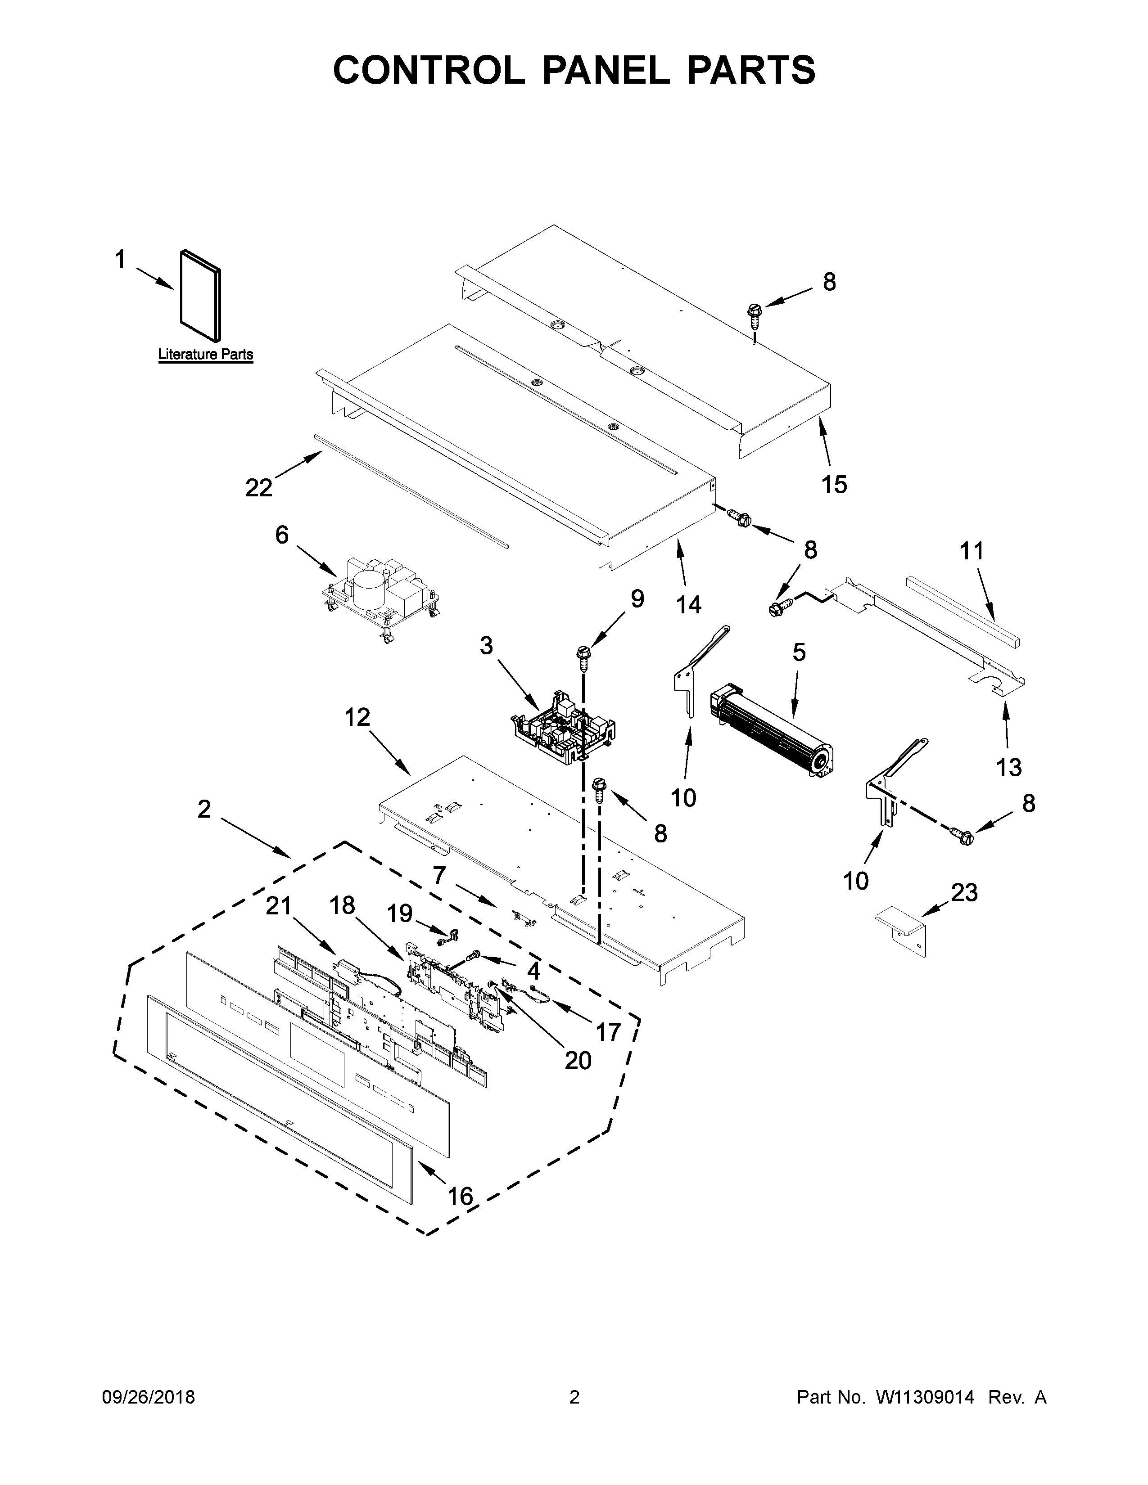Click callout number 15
(834, 484)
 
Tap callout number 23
(964, 892)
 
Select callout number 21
(279, 906)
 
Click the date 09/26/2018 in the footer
(148, 1397)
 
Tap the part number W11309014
(925, 1397)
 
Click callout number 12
(357, 717)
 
